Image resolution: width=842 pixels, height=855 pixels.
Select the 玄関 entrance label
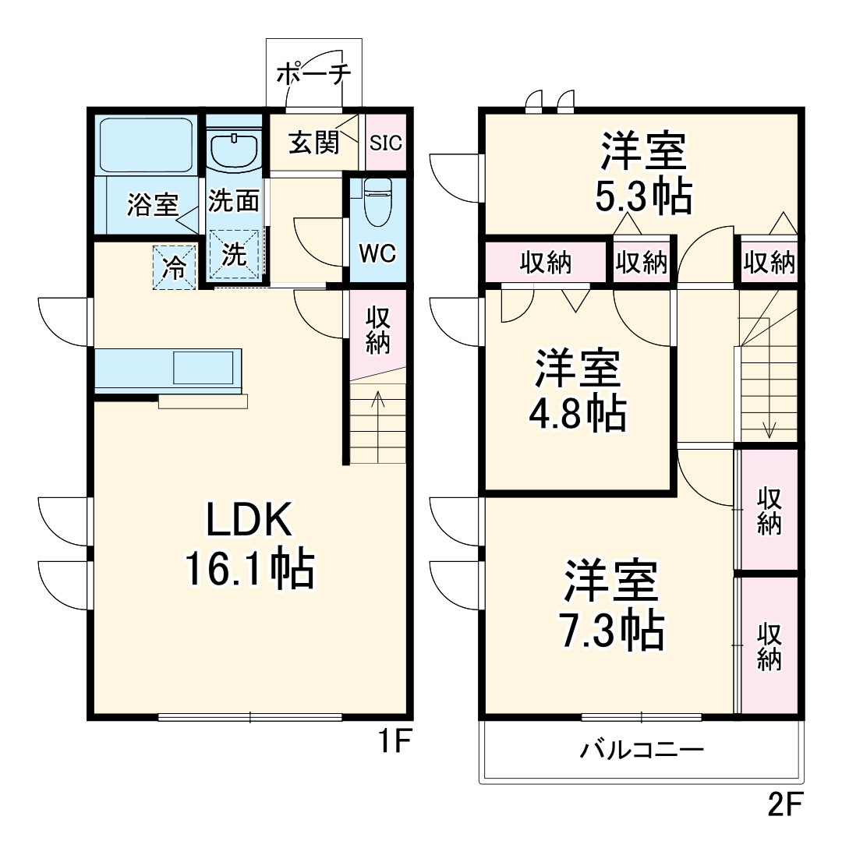click(x=313, y=143)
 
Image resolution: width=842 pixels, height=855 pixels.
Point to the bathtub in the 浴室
click(x=147, y=146)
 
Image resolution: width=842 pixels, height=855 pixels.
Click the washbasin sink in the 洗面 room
click(x=234, y=150)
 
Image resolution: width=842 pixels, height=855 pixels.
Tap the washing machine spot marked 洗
click(x=234, y=255)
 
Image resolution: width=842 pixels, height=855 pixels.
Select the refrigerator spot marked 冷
click(x=173, y=267)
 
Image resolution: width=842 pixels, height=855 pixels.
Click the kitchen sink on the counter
click(x=203, y=367)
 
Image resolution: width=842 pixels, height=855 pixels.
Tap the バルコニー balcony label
click(x=641, y=751)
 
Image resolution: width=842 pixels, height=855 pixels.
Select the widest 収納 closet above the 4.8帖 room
click(x=546, y=263)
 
